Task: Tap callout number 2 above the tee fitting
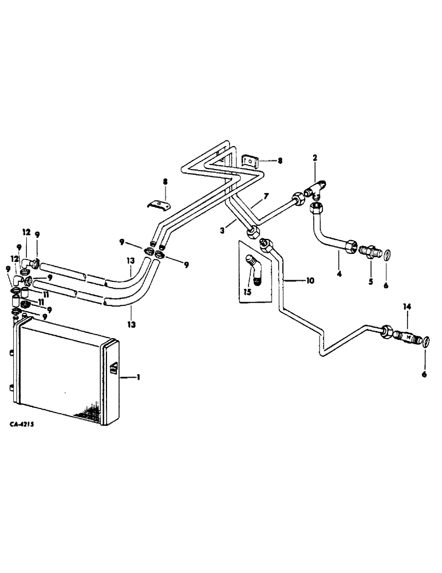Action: point(314,157)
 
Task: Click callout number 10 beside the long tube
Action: point(309,281)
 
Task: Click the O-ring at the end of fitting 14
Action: point(427,343)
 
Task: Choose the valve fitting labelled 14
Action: point(407,337)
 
